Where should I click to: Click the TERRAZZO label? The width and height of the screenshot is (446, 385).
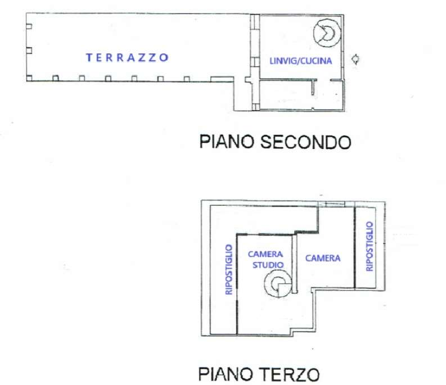127,57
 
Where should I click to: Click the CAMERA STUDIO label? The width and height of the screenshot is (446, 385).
265,259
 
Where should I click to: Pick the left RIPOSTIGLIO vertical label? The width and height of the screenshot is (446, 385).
228,269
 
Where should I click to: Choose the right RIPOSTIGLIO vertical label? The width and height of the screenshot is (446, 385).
370,247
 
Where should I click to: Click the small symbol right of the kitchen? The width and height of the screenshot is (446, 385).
355,59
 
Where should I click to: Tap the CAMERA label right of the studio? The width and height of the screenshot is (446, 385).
323,259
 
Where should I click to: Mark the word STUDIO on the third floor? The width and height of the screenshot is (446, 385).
265,264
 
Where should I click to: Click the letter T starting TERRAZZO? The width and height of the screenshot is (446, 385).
89,57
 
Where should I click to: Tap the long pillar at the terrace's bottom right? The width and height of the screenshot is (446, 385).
219,79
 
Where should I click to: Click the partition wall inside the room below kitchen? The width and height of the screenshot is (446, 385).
313,88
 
